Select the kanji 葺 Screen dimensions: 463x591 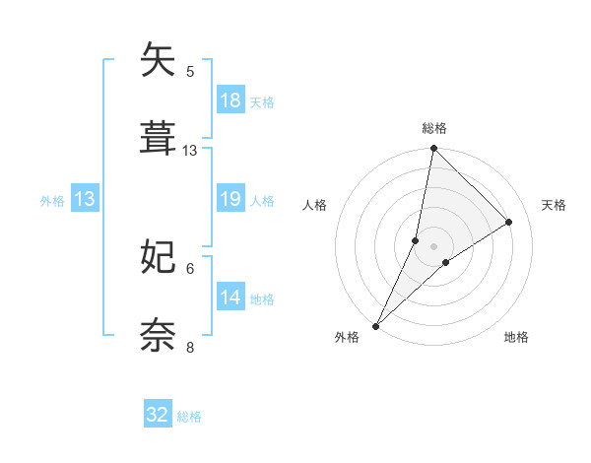click(x=160, y=137)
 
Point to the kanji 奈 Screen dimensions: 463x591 click(x=160, y=334)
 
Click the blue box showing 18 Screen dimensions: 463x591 click(x=230, y=100)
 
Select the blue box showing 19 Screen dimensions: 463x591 click(x=230, y=199)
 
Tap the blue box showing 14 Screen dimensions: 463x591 click(x=230, y=298)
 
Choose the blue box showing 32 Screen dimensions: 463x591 click(x=158, y=415)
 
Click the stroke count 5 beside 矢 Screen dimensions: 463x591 click(x=190, y=71)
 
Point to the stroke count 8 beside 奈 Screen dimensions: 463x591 click(x=190, y=347)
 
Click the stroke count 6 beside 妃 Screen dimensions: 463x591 click(x=190, y=268)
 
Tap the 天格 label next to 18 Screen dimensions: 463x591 click(x=262, y=101)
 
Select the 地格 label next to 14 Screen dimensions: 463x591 click(x=262, y=298)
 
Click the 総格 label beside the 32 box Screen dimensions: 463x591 click(x=189, y=417)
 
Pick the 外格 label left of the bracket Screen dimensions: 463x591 click(x=52, y=200)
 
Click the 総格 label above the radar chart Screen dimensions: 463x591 click(x=434, y=129)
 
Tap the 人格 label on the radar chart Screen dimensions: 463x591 click(x=314, y=205)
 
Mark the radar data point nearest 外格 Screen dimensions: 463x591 click(x=376, y=325)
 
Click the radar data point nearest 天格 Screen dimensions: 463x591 click(x=509, y=222)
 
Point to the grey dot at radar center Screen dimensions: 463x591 click(x=434, y=246)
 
